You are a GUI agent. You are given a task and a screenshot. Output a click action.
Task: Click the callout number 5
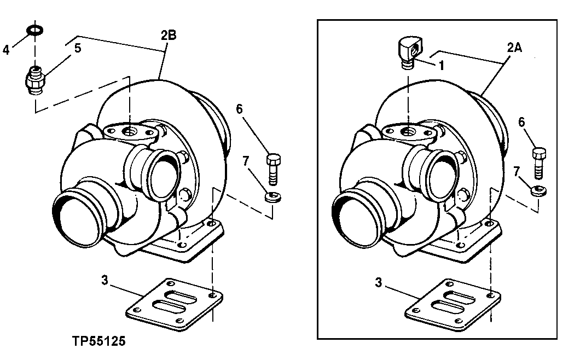tap(77, 48)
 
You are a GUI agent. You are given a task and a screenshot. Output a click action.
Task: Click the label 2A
tap(514, 48)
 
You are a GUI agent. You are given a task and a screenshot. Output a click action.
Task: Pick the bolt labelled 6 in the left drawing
tap(273, 169)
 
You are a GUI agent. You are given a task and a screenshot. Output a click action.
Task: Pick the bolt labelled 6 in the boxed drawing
tap(539, 161)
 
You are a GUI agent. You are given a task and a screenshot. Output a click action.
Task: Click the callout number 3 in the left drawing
tap(104, 282)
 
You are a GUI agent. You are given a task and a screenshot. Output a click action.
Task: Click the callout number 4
tap(6, 50)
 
